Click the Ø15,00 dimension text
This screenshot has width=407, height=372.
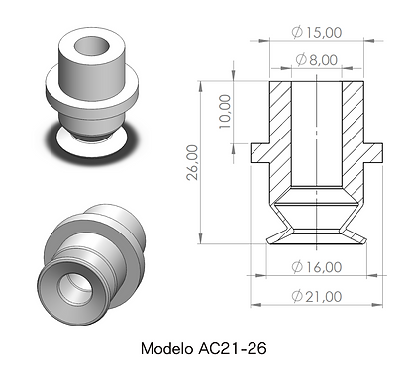point(317,32)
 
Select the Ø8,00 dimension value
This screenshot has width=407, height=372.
point(317,60)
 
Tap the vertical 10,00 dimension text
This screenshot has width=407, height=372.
point(225,111)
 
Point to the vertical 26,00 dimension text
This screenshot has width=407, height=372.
point(193,162)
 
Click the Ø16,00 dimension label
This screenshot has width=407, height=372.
point(317,267)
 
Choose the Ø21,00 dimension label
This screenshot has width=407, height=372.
point(317,296)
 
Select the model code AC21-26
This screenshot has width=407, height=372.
point(233,348)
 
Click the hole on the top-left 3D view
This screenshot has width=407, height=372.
point(92,46)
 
